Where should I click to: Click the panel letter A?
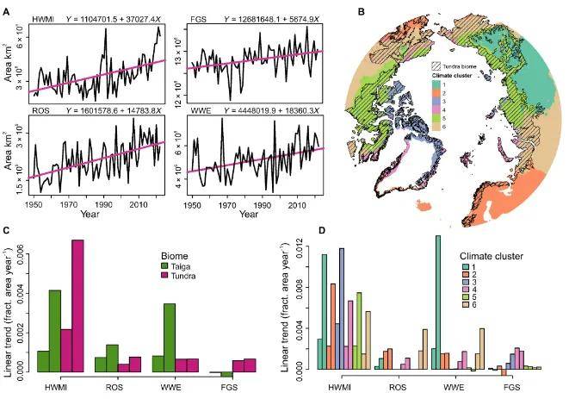pyautogui.click(x=6, y=8)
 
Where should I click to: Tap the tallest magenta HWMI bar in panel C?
pyautogui.click(x=77, y=306)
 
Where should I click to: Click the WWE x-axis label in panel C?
pyautogui.click(x=169, y=384)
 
